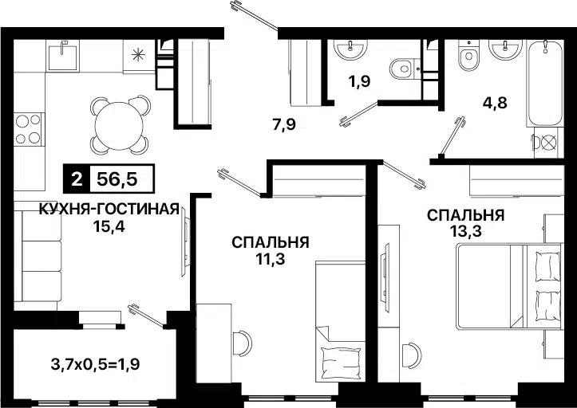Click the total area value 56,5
pos(118,179)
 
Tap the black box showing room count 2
pos(77,179)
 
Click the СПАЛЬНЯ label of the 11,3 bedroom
pos(271,242)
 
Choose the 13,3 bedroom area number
pos(464,231)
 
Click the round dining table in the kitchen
pos(117,124)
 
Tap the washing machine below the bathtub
pos(547,143)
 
